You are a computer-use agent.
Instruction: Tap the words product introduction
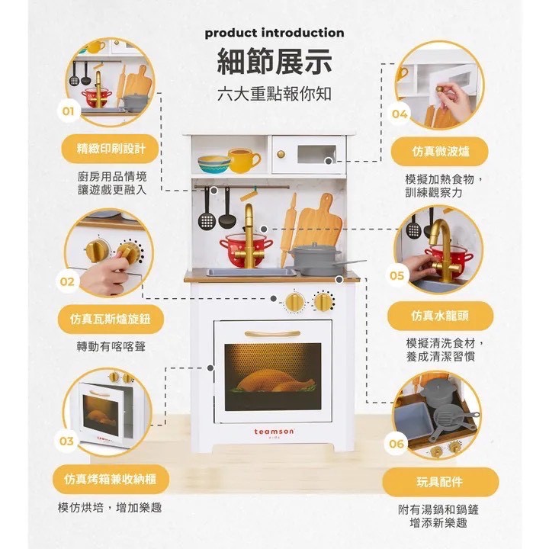(x=274, y=33)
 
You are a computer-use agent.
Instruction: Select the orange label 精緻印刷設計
(x=111, y=148)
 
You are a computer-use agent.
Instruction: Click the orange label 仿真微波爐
(x=441, y=151)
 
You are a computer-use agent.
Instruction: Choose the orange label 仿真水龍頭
(x=440, y=315)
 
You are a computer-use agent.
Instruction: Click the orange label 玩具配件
(x=441, y=482)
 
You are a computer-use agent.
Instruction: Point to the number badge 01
(x=67, y=112)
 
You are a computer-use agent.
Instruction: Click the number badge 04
(x=400, y=114)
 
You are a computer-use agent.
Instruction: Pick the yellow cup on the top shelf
(x=242, y=161)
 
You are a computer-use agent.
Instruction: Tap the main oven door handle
(x=273, y=333)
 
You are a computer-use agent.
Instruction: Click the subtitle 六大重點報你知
(x=274, y=95)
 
